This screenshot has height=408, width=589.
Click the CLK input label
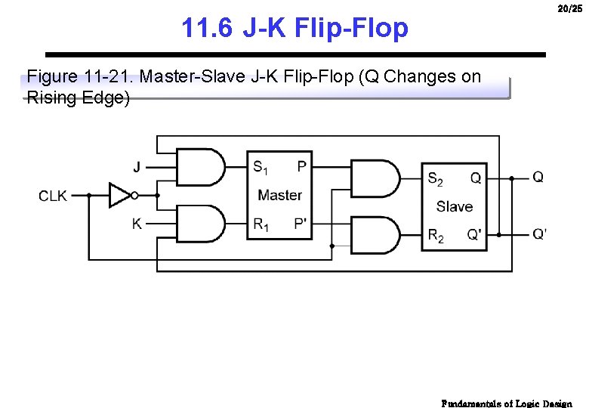[53, 196]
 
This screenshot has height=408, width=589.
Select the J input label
[137, 167]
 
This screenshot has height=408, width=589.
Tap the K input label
[137, 224]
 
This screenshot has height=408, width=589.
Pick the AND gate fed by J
[200, 167]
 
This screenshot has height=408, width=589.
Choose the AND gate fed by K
[200, 224]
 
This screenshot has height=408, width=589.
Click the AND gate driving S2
[375, 178]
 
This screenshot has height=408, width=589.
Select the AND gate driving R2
[375, 235]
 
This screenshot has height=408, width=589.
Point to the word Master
[279, 195]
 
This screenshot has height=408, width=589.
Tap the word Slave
[455, 206]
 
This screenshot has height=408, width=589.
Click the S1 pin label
[261, 168]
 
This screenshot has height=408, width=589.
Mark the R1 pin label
[261, 224]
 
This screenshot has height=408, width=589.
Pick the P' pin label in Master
[301, 224]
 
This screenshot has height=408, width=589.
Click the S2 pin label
[436, 179]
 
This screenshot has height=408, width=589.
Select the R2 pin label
[436, 236]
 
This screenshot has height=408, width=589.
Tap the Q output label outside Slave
[538, 177]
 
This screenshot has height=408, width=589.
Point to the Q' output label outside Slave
[539, 234]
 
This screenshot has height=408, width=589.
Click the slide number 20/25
[569, 9]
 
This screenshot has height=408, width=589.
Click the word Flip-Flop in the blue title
[351, 29]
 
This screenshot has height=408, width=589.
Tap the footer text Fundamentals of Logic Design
[507, 403]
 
